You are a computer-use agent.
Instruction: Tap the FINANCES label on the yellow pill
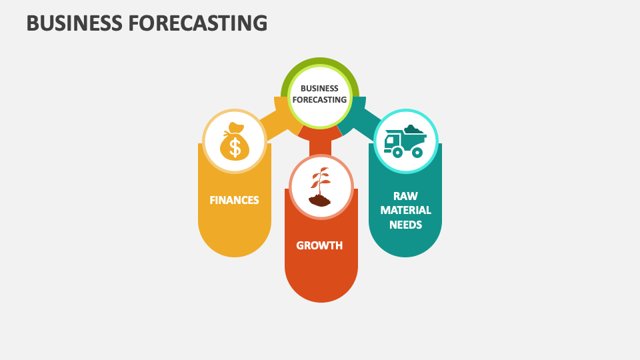tap(234, 200)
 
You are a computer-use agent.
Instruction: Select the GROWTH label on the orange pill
tap(319, 245)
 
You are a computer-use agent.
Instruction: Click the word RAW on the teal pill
tap(405, 195)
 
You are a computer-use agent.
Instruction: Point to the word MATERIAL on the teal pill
tap(405, 210)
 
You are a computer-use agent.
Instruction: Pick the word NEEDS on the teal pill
tap(405, 225)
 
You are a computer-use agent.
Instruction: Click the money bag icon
tap(234, 141)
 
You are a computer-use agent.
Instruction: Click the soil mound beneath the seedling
tap(319, 200)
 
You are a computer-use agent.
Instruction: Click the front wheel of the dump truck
tap(397, 152)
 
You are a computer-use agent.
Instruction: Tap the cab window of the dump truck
tap(391, 140)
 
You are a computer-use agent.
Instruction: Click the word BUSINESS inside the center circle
tap(319, 88)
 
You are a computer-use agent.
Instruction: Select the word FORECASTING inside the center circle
tap(319, 100)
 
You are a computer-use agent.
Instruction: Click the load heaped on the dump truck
tap(412, 129)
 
